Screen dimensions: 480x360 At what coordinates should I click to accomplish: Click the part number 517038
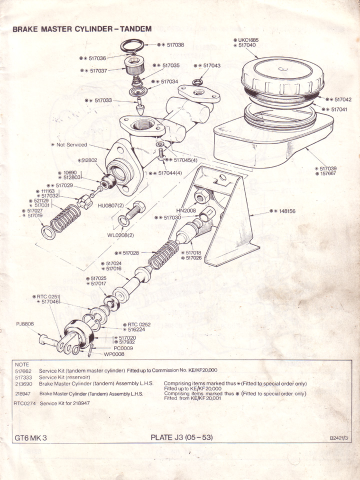173,45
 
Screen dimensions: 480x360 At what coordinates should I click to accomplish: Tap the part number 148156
285,211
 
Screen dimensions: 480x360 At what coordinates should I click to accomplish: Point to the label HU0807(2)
110,205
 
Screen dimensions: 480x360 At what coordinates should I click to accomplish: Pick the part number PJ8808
24,324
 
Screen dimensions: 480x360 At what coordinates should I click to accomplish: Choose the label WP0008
114,354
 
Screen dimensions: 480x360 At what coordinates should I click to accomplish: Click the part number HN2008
186,211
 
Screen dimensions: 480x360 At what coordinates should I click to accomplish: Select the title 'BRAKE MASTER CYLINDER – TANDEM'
81,29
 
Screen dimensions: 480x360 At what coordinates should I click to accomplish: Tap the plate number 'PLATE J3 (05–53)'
181,437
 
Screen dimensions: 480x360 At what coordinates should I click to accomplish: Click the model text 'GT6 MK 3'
31,438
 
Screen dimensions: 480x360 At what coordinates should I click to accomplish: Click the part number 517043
209,65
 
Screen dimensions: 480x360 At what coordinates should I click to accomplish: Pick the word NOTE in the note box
22,364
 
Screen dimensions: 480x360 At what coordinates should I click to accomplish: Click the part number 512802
87,160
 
